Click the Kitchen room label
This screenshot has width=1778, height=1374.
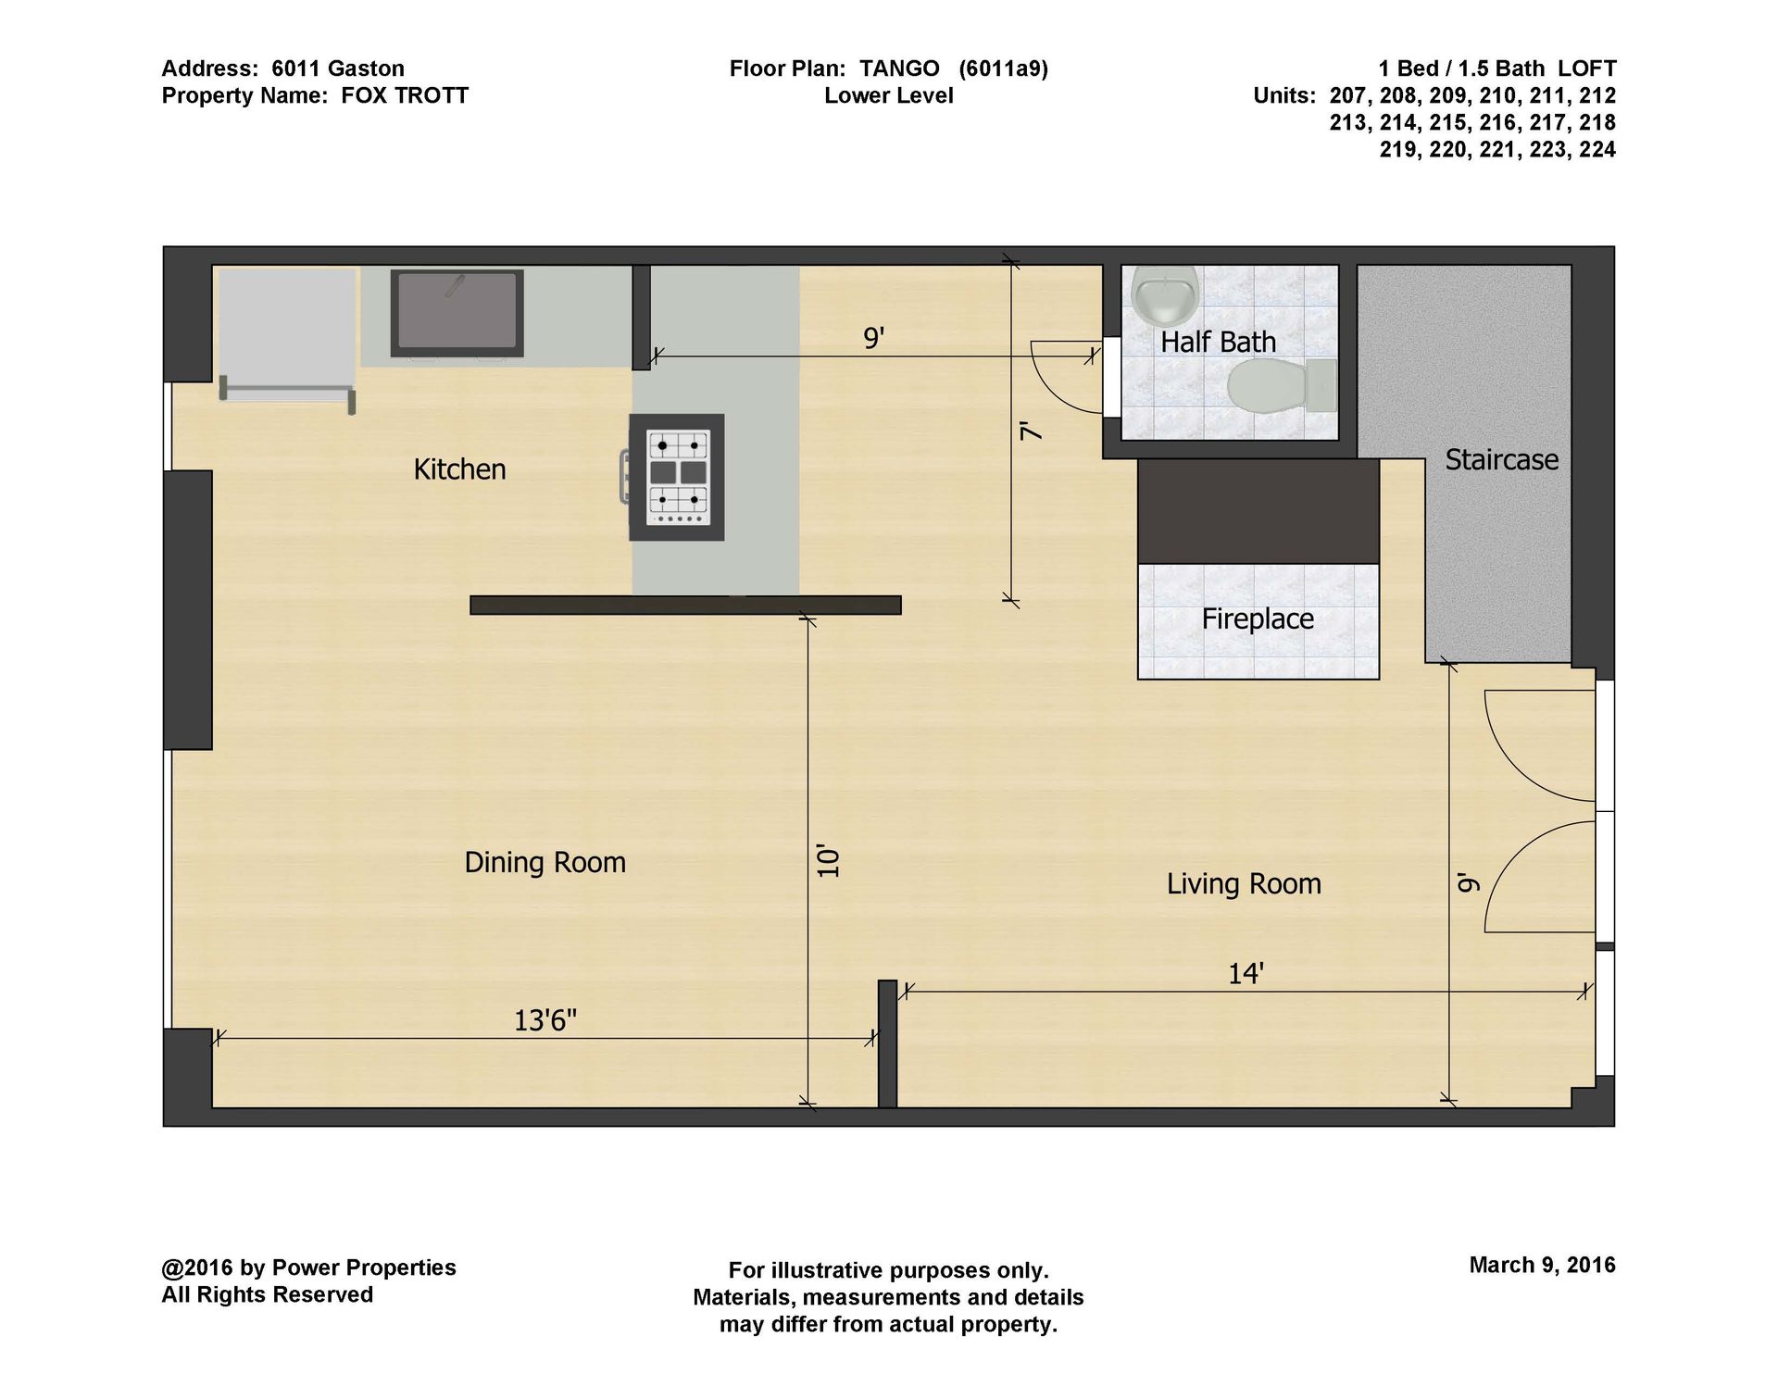pyautogui.click(x=459, y=469)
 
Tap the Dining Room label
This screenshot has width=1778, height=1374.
pyautogui.click(x=545, y=862)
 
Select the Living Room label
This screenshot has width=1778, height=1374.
pyautogui.click(x=1244, y=883)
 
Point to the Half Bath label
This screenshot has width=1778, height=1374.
pyautogui.click(x=1218, y=342)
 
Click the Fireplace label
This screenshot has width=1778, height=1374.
pyautogui.click(x=1258, y=618)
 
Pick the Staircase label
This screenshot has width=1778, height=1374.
pyautogui.click(x=1501, y=459)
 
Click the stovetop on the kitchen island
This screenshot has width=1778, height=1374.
pyautogui.click(x=676, y=477)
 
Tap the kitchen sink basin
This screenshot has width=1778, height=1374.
pyautogui.click(x=457, y=313)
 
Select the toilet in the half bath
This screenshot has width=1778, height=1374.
pyautogui.click(x=1283, y=385)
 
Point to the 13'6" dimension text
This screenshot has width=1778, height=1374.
pyautogui.click(x=545, y=1020)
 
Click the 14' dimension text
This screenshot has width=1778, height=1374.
pyautogui.click(x=1246, y=974)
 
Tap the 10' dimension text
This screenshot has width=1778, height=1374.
pyautogui.click(x=828, y=861)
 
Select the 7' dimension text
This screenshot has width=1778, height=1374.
pyautogui.click(x=1031, y=431)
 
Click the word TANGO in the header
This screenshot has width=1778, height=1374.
pyautogui.click(x=899, y=69)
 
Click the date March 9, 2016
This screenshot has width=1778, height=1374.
pyautogui.click(x=1542, y=1265)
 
